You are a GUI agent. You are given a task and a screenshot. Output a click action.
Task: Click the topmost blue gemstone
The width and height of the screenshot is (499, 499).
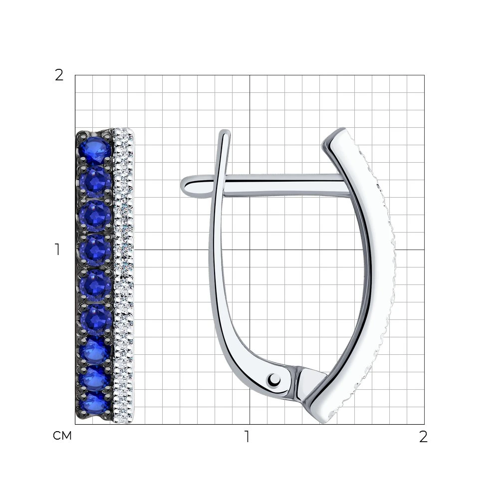click(94, 148)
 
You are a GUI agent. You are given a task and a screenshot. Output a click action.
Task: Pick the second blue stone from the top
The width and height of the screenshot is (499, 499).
click(95, 182)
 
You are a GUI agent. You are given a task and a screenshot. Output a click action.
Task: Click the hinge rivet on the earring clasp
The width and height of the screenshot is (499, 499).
click(274, 380)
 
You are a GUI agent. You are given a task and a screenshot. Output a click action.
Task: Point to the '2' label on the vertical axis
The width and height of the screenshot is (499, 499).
click(59, 76)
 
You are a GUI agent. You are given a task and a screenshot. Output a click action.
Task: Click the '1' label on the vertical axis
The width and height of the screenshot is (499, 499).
click(57, 249)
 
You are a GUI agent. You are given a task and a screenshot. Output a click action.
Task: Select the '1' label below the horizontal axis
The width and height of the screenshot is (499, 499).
click(247, 437)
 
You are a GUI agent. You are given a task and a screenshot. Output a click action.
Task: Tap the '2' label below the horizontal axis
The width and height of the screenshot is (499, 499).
click(423, 437)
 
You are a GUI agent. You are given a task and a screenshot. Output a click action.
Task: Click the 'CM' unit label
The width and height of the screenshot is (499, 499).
click(62, 436)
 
